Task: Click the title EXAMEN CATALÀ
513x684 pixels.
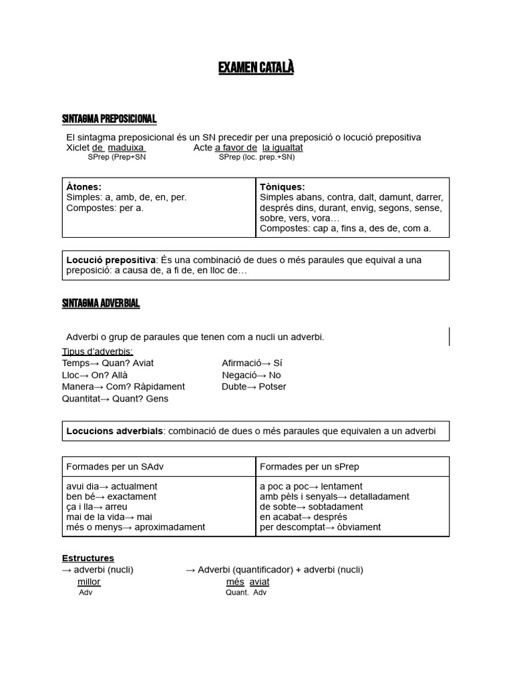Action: [x=256, y=68]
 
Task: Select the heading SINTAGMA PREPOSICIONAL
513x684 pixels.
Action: [x=109, y=119]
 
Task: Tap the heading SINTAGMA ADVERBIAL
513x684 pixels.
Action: [x=101, y=303]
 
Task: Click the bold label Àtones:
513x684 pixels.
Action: [x=84, y=187]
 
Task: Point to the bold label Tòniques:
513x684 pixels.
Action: [x=282, y=187]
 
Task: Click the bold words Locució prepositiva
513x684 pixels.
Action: [x=110, y=260]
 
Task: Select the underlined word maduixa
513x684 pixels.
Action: [x=126, y=148]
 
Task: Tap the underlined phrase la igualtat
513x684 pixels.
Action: [x=283, y=148]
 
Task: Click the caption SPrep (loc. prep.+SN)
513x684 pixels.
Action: [x=256, y=157]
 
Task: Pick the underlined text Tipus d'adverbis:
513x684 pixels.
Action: [x=98, y=351]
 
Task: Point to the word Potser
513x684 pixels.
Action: [x=272, y=386]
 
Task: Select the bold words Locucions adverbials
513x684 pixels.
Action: [x=114, y=431]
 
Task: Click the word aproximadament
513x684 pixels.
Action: [x=170, y=527]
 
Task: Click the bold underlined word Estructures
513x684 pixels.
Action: [x=88, y=558]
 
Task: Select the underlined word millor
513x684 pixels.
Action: [x=89, y=582]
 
